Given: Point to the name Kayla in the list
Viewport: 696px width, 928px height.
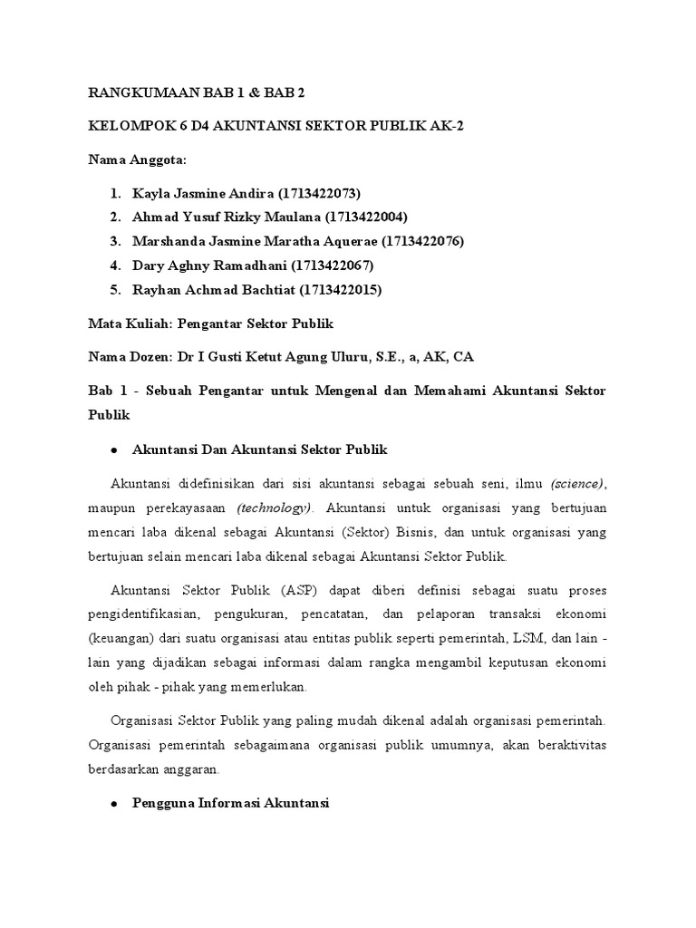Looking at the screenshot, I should point(150,193).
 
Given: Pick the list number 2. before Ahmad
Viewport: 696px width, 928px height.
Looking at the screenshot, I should point(115,217).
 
